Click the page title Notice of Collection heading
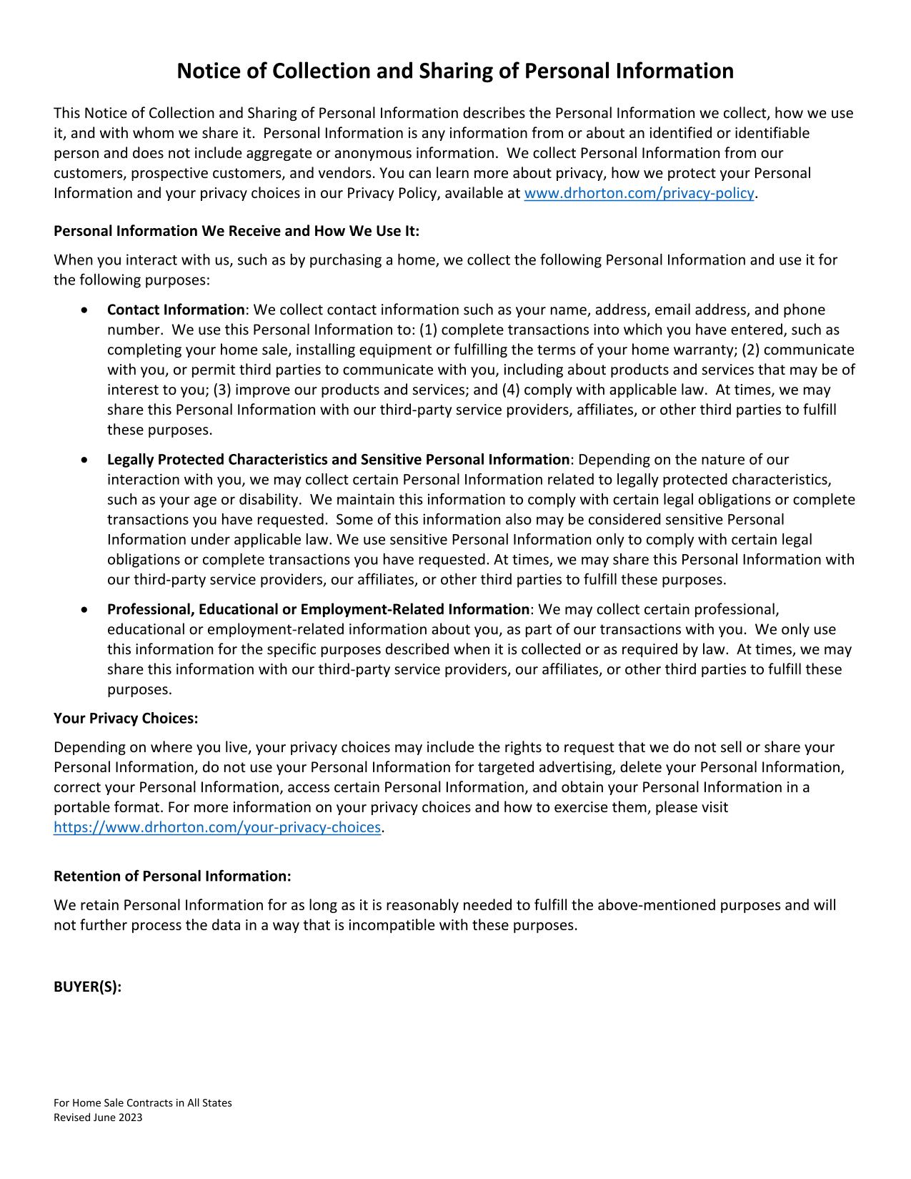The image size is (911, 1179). pyautogui.click(x=455, y=71)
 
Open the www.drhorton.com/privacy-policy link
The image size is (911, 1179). pyautogui.click(x=639, y=193)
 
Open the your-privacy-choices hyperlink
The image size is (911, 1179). pyautogui.click(x=217, y=827)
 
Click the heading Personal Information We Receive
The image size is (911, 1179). pyautogui.click(x=237, y=231)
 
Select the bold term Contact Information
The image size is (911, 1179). pyautogui.click(x=176, y=310)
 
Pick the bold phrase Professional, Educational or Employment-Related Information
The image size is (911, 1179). pyautogui.click(x=318, y=609)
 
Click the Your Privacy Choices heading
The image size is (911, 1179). pyautogui.click(x=126, y=718)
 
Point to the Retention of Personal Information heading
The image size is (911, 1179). pyautogui.click(x=172, y=876)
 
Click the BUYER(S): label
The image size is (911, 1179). pyautogui.click(x=87, y=987)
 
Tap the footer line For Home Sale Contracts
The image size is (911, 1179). pyautogui.click(x=143, y=1102)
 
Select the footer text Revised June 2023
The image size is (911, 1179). pyautogui.click(x=98, y=1118)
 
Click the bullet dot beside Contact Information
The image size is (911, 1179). pyautogui.click(x=86, y=310)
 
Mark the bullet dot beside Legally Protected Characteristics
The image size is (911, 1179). pyautogui.click(x=86, y=460)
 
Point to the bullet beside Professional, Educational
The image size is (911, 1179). pyautogui.click(x=86, y=610)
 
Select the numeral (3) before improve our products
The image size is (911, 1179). pyautogui.click(x=222, y=390)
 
